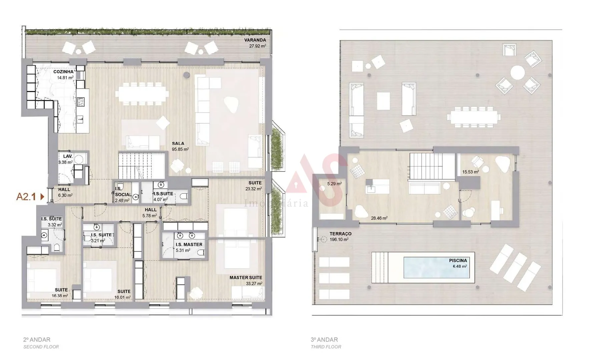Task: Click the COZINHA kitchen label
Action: (63, 72)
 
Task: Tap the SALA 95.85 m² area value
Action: (180, 149)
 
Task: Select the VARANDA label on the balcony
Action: (255, 40)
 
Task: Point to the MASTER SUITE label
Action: (246, 278)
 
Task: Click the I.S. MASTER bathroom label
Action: (189, 244)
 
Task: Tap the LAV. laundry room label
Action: (68, 156)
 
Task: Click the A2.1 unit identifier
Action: (26, 197)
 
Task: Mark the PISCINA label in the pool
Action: (458, 260)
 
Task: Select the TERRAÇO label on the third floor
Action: (341, 234)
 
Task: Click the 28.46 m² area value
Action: (379, 218)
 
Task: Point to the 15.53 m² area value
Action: (470, 172)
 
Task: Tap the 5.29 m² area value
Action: (334, 184)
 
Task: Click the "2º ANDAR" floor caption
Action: (37, 340)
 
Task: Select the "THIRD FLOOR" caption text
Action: (326, 347)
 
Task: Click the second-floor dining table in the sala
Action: (142, 94)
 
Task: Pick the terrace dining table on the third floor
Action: (474, 117)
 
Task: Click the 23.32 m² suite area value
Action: (253, 189)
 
